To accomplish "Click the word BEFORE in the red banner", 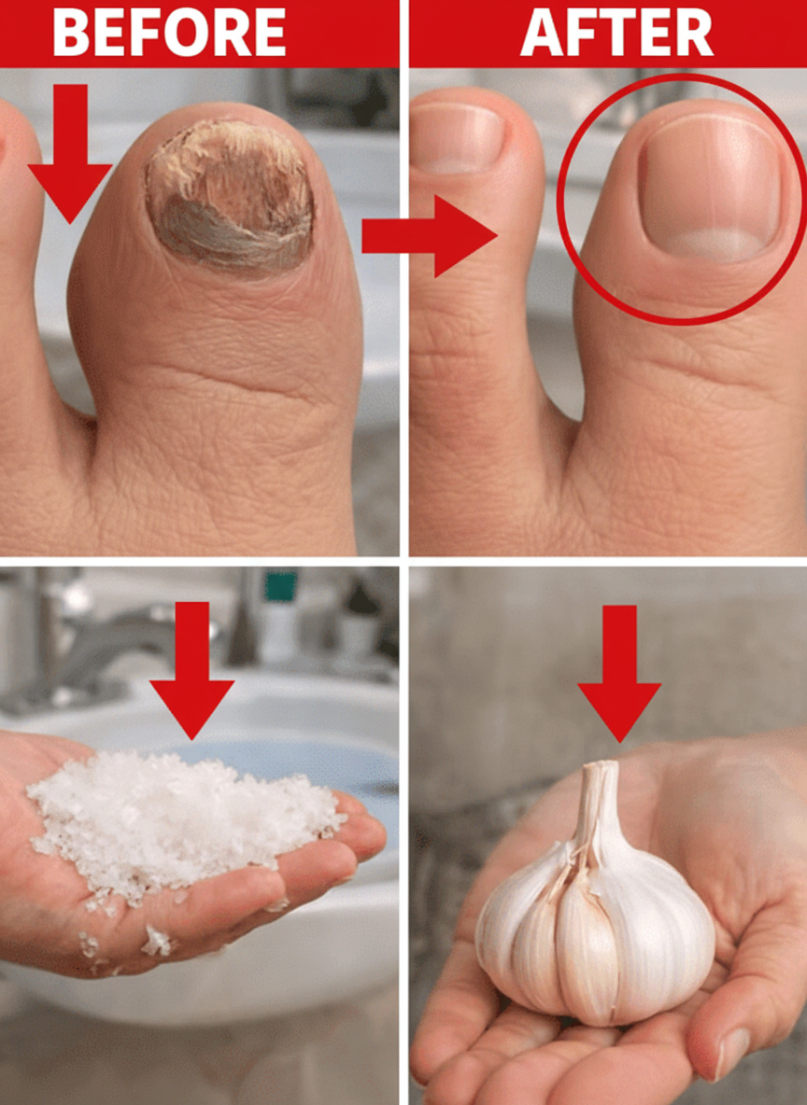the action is (x=169, y=33).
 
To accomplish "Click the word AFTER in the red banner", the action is (x=617, y=33).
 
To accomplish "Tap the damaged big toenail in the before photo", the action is (x=230, y=196).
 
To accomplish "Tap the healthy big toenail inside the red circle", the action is (x=708, y=187).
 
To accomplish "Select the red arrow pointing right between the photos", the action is (x=429, y=235).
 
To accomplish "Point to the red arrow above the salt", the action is (x=191, y=669).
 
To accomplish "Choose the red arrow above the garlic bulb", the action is (x=619, y=673).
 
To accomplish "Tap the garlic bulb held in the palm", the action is (x=596, y=909).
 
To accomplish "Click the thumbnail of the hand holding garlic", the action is (x=730, y=1053).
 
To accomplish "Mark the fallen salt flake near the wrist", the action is (x=157, y=941).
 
